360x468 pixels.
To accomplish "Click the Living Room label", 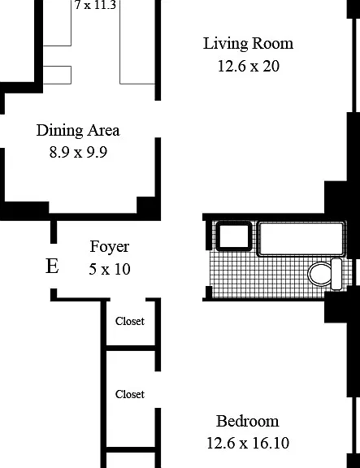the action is coord(248,44).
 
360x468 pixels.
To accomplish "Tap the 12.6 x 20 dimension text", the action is coord(249,66).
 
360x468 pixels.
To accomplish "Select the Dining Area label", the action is coord(78,131).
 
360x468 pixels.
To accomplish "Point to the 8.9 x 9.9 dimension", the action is coord(78,152).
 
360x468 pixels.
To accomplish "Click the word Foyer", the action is coord(110,247).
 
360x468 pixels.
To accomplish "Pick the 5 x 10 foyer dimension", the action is coord(110,269).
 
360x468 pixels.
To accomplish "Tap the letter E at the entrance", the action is coord(52,266).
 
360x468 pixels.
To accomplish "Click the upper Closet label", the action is coord(130,321).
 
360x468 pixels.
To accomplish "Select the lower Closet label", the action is coord(130,394).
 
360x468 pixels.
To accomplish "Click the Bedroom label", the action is coord(248,421).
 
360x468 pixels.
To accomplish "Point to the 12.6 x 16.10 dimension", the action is coord(248,443).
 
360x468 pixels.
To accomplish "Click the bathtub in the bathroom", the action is coord(301,239).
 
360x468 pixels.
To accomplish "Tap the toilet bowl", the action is coord(319,274).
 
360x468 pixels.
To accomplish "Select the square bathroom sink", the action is coord(234,236).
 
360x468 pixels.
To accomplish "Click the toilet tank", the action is coord(336,274).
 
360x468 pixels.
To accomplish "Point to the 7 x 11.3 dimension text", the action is coord(95,5).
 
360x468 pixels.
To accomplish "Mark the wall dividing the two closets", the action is coord(131,348).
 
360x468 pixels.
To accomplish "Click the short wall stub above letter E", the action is coord(54,232).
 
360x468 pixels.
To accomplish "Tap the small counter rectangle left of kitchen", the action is coord(57,75).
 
